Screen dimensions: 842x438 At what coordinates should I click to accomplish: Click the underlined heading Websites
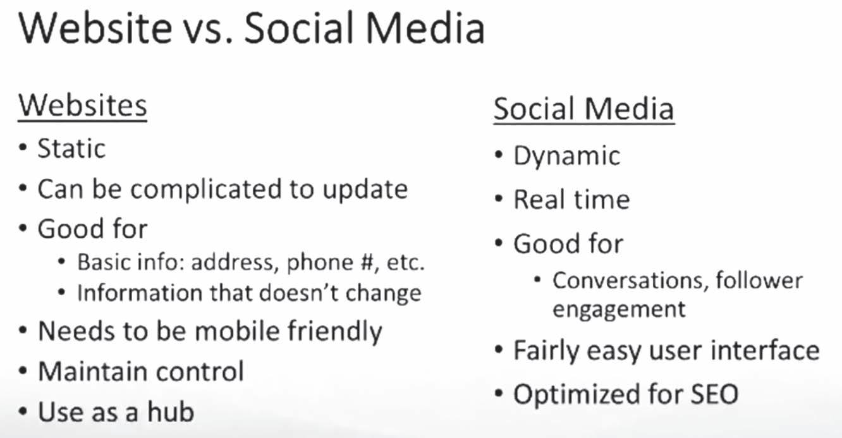tap(83, 106)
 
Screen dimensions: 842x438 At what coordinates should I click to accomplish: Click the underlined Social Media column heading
tap(584, 109)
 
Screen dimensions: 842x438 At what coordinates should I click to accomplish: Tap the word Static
tap(71, 149)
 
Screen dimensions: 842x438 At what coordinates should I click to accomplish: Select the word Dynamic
tap(567, 156)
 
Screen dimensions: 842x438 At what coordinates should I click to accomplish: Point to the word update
tap(365, 190)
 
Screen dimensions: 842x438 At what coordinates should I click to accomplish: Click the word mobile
tap(238, 331)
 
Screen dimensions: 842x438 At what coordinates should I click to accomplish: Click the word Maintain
tap(93, 372)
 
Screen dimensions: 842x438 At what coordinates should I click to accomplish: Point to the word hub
tap(171, 411)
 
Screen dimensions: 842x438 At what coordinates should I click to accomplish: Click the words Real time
tap(571, 199)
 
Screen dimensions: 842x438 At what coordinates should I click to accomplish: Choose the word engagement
tap(619, 310)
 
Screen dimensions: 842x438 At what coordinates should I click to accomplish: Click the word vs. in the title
tap(210, 29)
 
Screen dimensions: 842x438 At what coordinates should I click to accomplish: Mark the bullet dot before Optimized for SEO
tap(499, 394)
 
